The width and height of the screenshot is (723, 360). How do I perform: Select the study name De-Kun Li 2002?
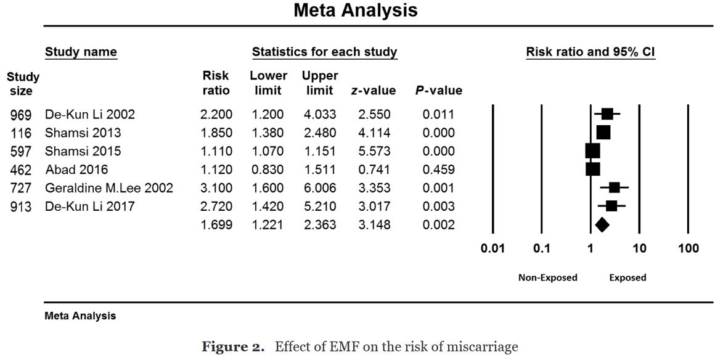[x=89, y=115]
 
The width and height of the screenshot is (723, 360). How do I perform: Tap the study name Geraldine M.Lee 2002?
[x=108, y=188]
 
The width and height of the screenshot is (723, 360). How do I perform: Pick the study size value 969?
[x=22, y=115]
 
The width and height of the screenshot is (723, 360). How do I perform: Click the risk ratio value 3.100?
[x=216, y=188]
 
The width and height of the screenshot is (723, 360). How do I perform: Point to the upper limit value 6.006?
[x=319, y=188]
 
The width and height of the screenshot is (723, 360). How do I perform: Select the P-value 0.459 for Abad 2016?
[x=438, y=170]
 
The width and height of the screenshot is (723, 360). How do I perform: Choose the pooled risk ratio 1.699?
[x=216, y=225]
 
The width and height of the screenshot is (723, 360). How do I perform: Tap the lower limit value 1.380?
[x=268, y=133]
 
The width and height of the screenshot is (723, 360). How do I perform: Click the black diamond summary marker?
[x=602, y=225]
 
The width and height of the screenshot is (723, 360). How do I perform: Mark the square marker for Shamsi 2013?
[x=603, y=133]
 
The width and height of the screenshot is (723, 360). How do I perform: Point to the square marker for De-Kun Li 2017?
[x=611, y=206]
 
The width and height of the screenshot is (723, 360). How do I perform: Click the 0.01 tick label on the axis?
[x=492, y=249]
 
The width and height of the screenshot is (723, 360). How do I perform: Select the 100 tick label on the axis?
[x=688, y=249]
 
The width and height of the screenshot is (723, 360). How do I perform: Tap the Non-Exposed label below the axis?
[x=547, y=278]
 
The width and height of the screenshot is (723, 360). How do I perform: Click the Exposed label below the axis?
[x=627, y=278]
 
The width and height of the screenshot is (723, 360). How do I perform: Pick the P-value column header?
[x=438, y=91]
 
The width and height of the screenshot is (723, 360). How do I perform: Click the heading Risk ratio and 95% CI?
[x=590, y=52]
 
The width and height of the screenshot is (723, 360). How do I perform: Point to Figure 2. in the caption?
[x=235, y=347]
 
